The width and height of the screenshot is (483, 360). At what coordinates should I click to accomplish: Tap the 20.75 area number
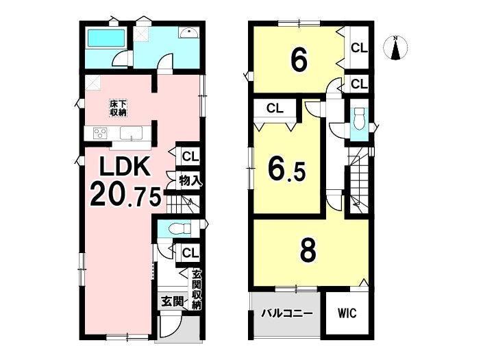click(x=125, y=195)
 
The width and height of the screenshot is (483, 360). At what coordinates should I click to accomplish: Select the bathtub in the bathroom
click(x=106, y=38)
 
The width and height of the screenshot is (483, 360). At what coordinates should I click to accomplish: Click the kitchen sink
click(x=132, y=133)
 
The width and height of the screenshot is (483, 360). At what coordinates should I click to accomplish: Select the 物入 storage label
click(x=190, y=180)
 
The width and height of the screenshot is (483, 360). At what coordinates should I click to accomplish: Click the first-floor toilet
click(x=180, y=229)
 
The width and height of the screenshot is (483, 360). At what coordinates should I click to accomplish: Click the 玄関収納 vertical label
click(x=196, y=290)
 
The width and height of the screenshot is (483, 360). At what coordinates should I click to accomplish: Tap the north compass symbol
click(x=395, y=48)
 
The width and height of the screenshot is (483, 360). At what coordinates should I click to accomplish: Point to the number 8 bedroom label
click(x=308, y=251)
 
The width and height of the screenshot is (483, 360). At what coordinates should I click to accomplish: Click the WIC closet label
click(x=347, y=313)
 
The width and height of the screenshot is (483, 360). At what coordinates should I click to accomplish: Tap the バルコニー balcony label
click(x=287, y=314)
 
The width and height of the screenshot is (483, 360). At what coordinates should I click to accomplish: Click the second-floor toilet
click(x=359, y=119)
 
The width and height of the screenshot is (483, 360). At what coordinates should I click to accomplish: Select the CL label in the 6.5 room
click(x=275, y=108)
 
